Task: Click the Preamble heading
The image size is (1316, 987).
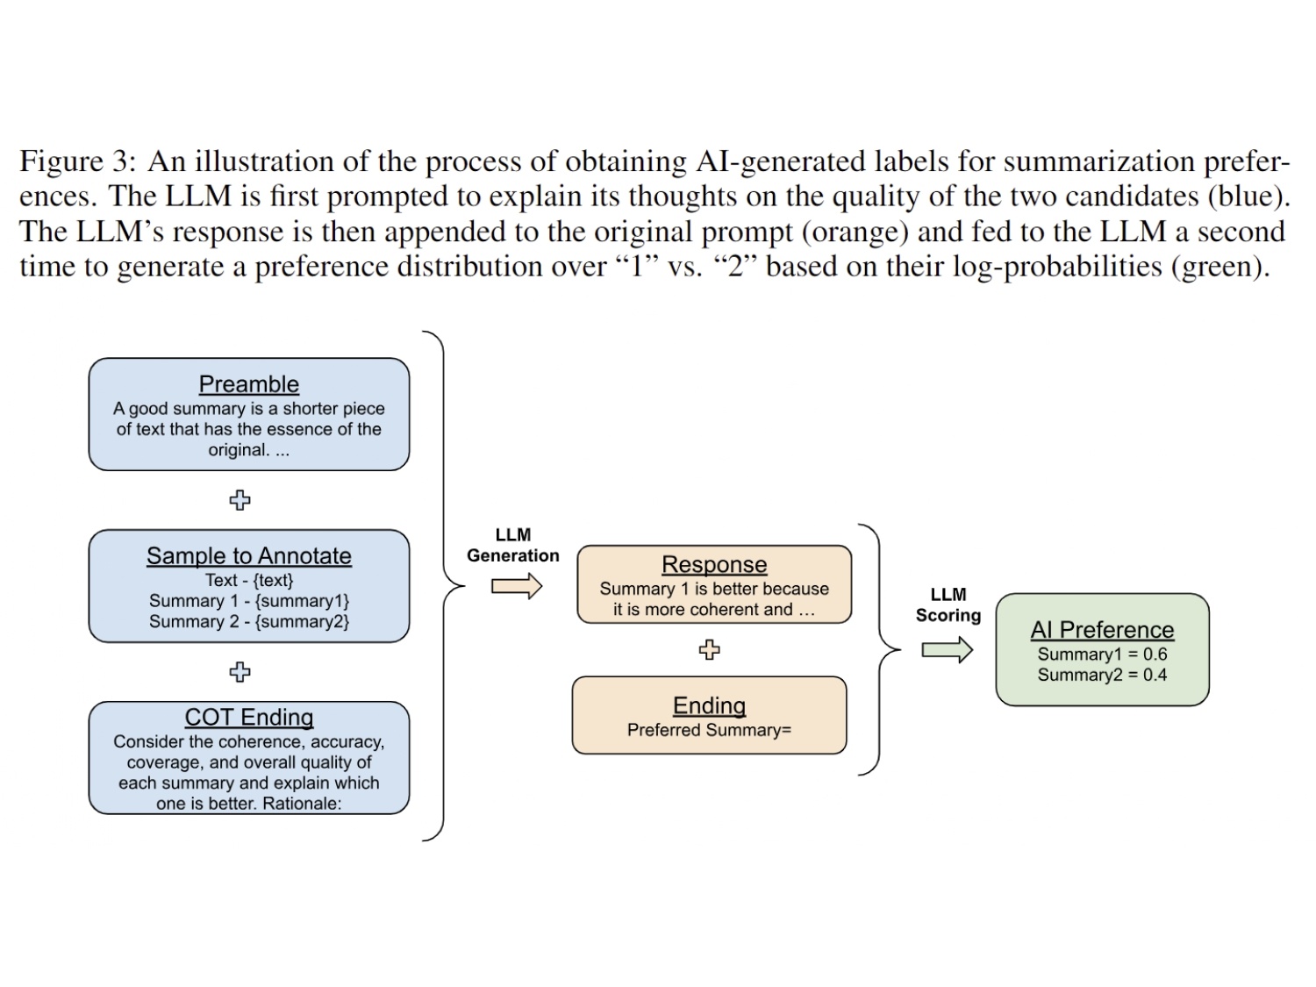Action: pyautogui.click(x=249, y=384)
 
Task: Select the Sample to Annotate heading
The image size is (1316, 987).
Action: pyautogui.click(x=249, y=556)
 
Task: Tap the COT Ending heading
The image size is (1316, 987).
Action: pyautogui.click(x=249, y=718)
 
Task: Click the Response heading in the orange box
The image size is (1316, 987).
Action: pyautogui.click(x=714, y=564)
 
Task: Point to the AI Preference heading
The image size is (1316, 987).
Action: pyautogui.click(x=1102, y=630)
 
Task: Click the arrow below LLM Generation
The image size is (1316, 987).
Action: pyautogui.click(x=516, y=586)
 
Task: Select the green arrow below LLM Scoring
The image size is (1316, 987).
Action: pyautogui.click(x=947, y=649)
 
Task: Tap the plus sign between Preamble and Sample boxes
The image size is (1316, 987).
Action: pyautogui.click(x=240, y=500)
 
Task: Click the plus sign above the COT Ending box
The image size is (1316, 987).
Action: pyautogui.click(x=240, y=672)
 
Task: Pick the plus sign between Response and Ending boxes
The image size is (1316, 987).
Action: pyautogui.click(x=709, y=649)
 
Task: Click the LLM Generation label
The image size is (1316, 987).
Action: pyautogui.click(x=512, y=545)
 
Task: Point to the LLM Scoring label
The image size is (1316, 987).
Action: pyautogui.click(x=948, y=604)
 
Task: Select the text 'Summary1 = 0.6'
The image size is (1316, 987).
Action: pyautogui.click(x=1102, y=654)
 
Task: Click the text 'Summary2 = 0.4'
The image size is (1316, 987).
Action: pyautogui.click(x=1102, y=675)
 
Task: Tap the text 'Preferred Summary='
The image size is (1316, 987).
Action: pyautogui.click(x=709, y=730)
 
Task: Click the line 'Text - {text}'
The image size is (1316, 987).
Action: pyautogui.click(x=249, y=580)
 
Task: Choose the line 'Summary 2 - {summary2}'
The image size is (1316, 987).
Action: pyautogui.click(x=249, y=621)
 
